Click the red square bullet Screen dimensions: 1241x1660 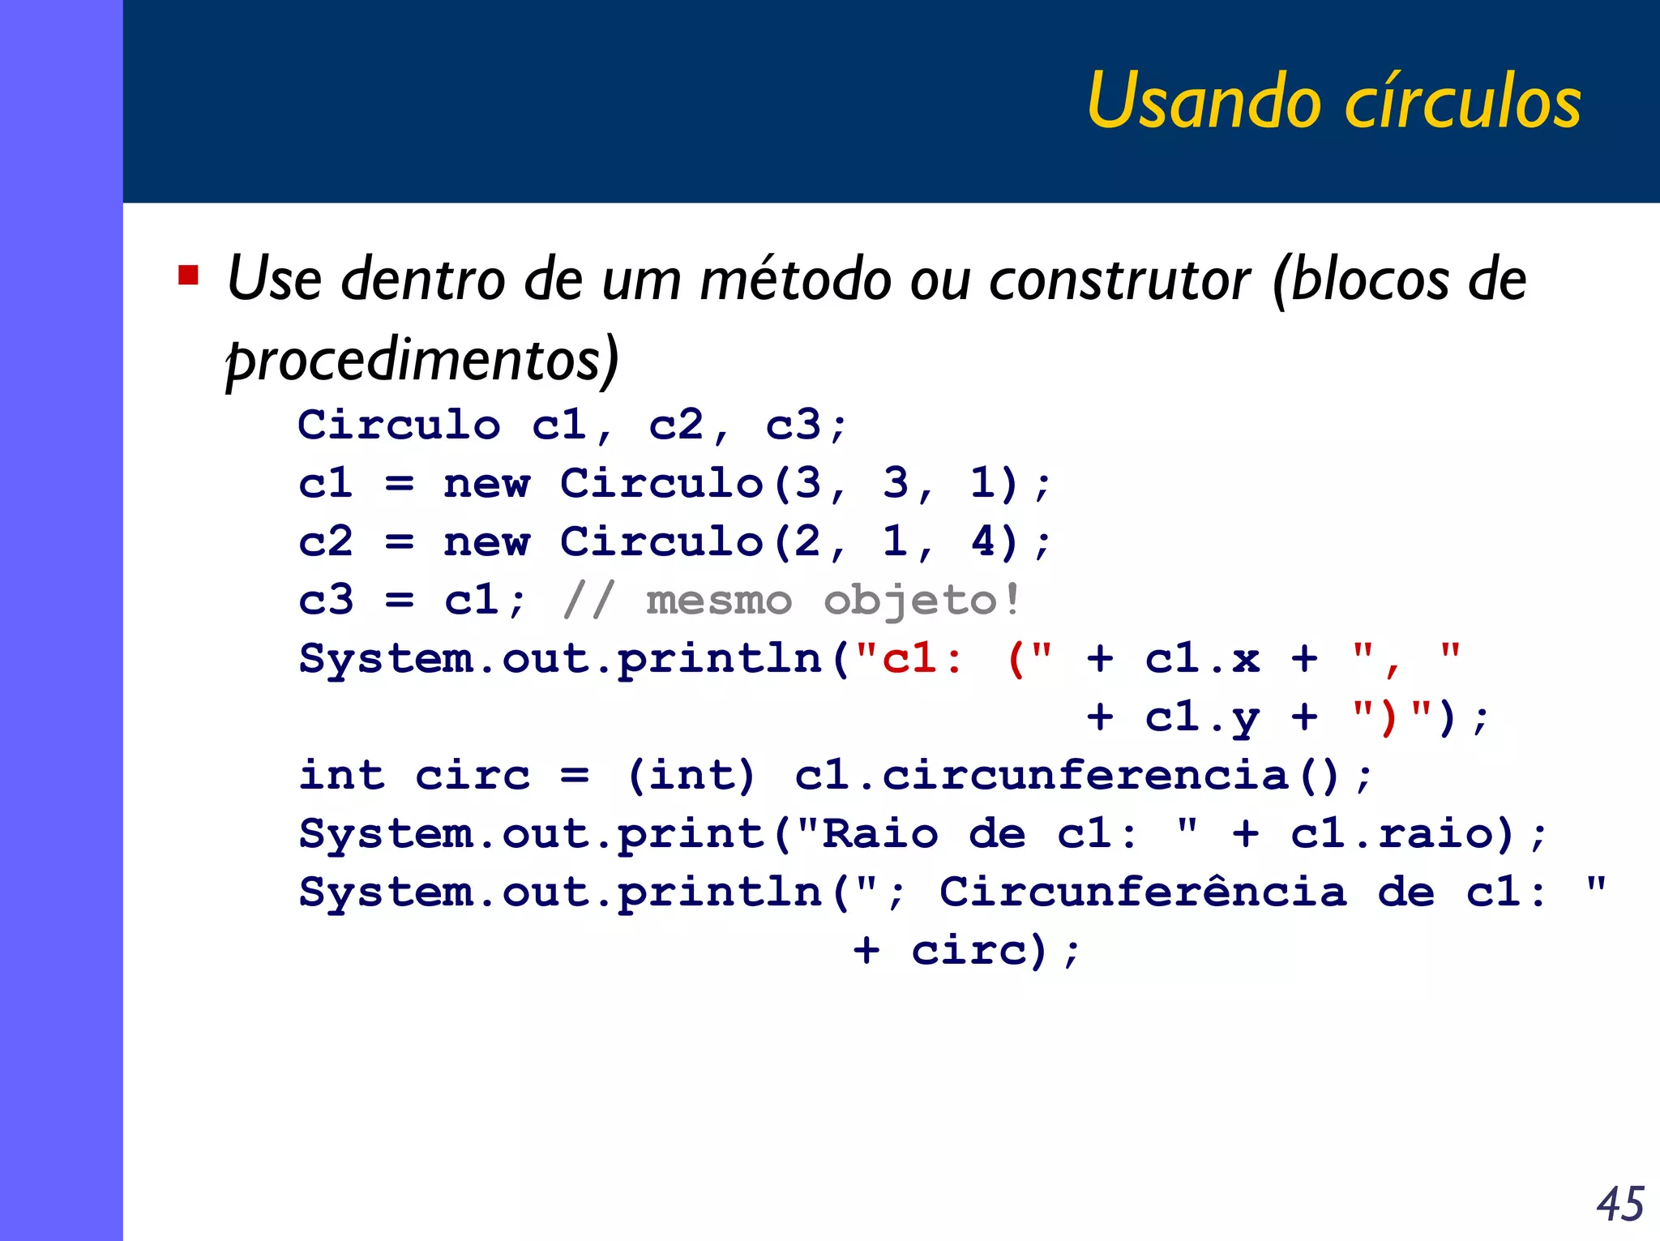tap(188, 276)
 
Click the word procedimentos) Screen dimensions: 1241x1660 tap(422, 359)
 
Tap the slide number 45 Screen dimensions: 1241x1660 tap(1619, 1204)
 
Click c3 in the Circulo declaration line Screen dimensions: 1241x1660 tap(794, 425)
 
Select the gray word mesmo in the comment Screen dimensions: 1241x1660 tap(718, 601)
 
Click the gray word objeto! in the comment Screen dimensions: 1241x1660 tap(921, 601)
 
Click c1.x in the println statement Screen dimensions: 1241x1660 tap(1202, 658)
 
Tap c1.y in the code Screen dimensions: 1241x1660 tap(1202, 717)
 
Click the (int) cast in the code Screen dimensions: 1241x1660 tap(691, 776)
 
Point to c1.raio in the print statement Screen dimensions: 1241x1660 tap(1392, 834)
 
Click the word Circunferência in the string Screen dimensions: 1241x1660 tap(1143, 892)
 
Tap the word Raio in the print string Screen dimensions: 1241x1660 tap(879, 834)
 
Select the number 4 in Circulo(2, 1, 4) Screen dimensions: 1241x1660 tap(982, 541)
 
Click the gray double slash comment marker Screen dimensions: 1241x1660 tap(588, 601)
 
